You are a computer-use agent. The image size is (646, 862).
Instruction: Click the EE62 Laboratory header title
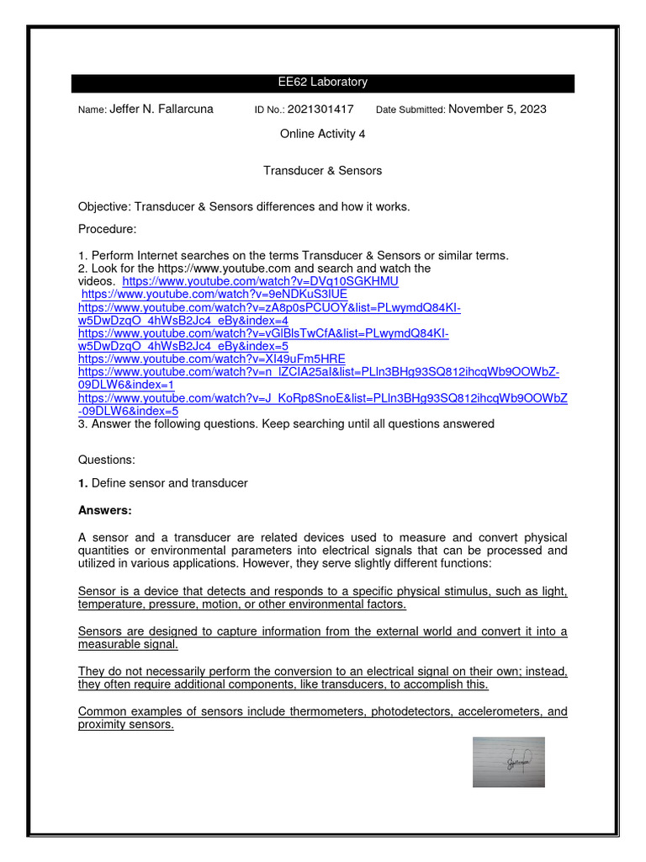[322, 82]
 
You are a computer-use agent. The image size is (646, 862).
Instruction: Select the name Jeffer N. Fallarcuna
[161, 109]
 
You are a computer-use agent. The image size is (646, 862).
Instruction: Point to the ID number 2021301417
[320, 109]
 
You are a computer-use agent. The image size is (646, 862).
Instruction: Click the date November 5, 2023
[497, 109]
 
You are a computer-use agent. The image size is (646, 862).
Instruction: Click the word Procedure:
[107, 230]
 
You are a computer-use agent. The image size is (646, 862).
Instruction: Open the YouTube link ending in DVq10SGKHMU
[260, 281]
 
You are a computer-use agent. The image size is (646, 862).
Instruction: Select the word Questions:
[106, 460]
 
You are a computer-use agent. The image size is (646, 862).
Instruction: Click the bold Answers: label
[105, 510]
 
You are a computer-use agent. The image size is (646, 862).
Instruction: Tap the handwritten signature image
[509, 763]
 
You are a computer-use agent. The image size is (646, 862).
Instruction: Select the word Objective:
[104, 207]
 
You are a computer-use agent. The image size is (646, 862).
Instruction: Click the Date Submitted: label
[410, 110]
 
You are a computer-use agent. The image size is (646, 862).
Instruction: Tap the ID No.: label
[269, 110]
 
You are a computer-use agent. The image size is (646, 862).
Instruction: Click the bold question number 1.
[82, 484]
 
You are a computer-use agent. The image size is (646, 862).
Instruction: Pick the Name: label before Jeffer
[92, 110]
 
